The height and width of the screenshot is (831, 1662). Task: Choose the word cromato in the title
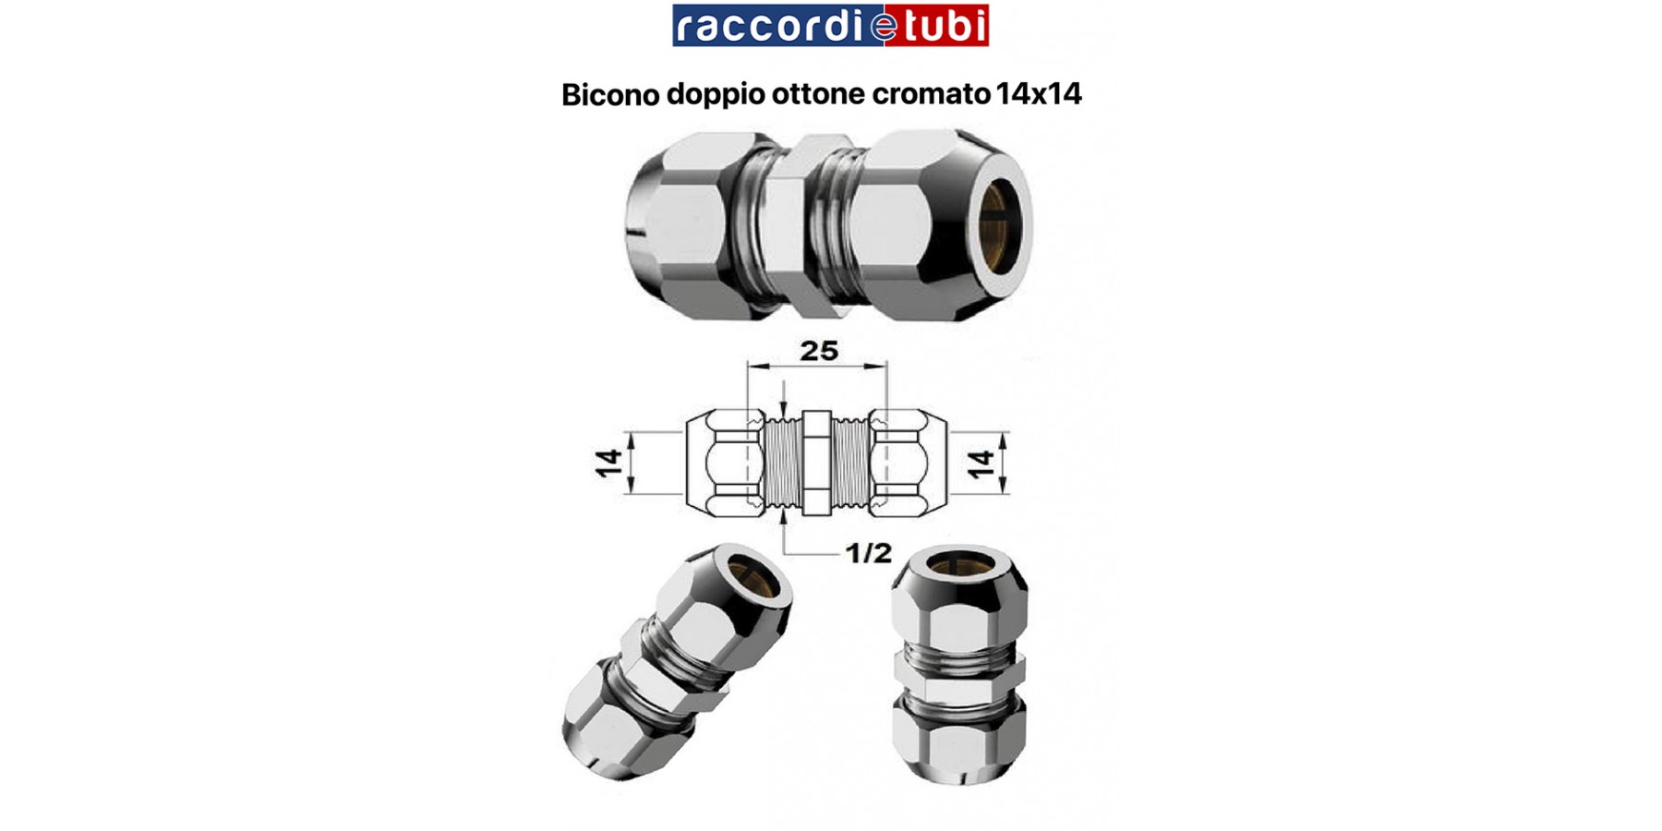click(931, 94)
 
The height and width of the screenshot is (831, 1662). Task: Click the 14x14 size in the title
click(1039, 94)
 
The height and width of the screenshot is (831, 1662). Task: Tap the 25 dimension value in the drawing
click(818, 351)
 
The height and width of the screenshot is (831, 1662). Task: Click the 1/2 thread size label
click(868, 553)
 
